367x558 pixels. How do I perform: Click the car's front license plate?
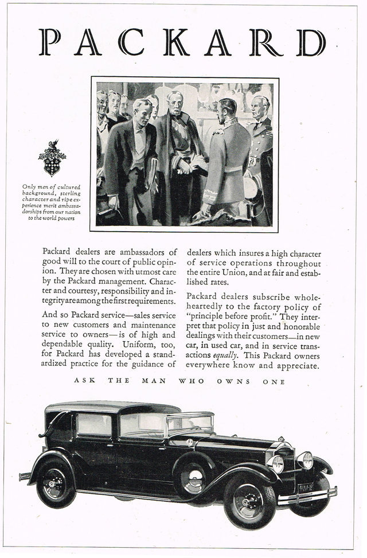pyautogui.click(x=306, y=487)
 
